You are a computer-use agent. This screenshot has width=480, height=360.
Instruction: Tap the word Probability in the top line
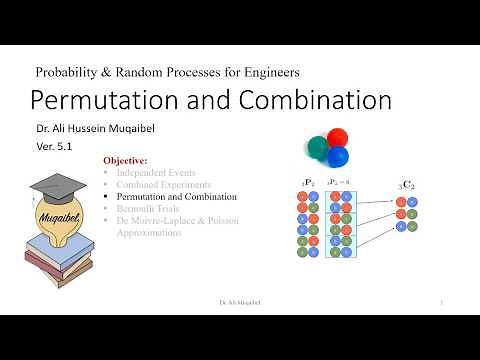[69, 72]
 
